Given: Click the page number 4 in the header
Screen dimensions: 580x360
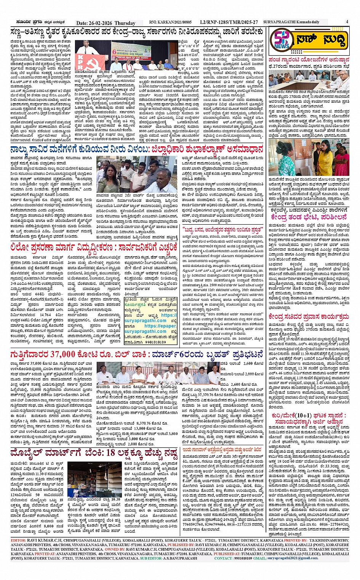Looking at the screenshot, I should pos(347,22).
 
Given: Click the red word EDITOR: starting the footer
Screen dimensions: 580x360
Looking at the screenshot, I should pos(18,540).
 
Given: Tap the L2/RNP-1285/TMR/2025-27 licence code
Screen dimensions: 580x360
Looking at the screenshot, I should pos(229,22).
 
